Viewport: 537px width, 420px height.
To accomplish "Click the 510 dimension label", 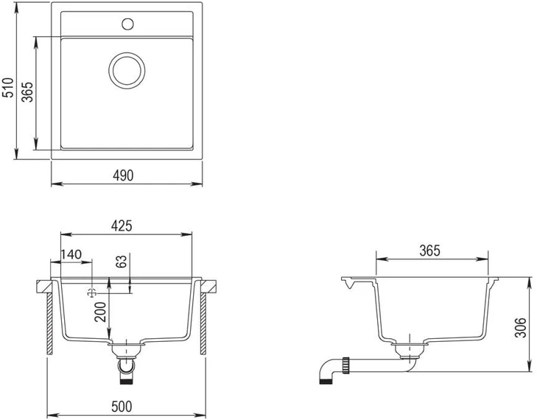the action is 8,88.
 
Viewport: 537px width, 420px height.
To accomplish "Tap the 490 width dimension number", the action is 123,175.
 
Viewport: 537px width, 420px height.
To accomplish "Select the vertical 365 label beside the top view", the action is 27,92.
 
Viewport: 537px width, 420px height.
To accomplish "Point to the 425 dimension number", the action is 122,225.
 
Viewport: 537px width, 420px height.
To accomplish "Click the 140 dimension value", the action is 71,254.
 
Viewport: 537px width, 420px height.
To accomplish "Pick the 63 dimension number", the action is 122,261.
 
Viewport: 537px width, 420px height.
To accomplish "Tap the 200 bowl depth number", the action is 101,312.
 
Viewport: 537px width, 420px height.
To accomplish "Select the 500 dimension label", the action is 122,407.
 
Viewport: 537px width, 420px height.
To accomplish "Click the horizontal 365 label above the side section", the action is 429,251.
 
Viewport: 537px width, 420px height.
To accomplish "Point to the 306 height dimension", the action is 521,327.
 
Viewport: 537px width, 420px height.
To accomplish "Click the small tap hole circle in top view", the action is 127,24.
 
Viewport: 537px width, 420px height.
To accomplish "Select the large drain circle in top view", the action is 127,71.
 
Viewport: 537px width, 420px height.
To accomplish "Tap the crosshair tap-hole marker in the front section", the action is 92,293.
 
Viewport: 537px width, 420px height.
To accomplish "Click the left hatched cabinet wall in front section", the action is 50,323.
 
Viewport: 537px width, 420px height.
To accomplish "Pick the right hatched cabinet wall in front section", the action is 203,323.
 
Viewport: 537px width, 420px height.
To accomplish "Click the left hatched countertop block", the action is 44,287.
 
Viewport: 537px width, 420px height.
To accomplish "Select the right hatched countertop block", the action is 208,287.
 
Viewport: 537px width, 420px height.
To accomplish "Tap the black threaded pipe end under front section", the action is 127,380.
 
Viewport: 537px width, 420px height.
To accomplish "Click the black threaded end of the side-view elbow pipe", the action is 326,381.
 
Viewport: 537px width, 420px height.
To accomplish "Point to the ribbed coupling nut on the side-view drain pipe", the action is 346,365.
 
